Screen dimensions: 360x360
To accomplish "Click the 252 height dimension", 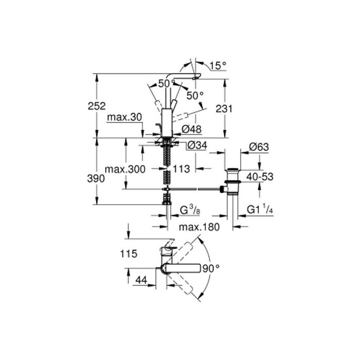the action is point(97,106).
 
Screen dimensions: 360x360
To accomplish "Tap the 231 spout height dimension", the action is point(224,109).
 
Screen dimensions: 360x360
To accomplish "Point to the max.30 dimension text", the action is point(124,117).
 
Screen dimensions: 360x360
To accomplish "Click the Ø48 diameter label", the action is point(191,129).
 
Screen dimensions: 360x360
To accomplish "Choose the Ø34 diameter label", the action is point(197,146).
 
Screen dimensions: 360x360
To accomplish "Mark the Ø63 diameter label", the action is point(259,147).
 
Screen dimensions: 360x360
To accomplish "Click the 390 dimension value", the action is point(96,178).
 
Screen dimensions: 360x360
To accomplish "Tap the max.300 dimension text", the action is point(125,169).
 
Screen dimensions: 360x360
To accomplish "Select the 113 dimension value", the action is point(182,169).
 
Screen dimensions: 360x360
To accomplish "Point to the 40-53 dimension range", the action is point(260,177).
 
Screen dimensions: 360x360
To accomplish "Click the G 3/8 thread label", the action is point(190,210).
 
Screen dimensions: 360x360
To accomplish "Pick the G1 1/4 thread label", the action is point(260,209).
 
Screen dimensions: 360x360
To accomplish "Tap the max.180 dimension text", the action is point(200,227).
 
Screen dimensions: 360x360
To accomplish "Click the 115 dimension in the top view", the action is point(129,254).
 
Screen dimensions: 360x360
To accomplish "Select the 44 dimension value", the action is point(141,280).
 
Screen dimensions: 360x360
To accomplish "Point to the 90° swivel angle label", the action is point(211,268).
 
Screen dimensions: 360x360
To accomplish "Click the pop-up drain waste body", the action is point(232,182).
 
